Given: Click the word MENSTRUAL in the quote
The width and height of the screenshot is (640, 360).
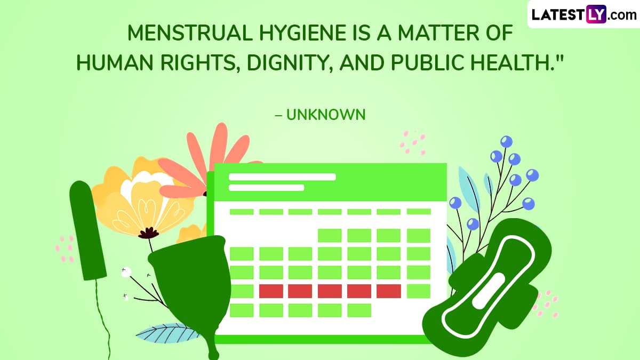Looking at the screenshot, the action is coord(190,33).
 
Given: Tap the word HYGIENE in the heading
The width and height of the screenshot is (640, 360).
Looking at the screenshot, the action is coord(302,33).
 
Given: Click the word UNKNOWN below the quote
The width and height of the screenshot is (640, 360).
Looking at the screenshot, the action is coord(326,115).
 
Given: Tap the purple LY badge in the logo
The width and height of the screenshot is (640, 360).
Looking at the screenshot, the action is coord(596,14).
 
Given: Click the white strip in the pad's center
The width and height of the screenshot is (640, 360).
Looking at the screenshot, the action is coord(489,291).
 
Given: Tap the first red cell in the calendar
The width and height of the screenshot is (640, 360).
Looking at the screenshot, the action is coord(271,291).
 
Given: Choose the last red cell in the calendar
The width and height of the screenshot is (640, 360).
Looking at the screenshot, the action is coord(389,291).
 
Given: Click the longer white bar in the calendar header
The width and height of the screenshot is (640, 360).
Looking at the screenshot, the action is coord(282,177).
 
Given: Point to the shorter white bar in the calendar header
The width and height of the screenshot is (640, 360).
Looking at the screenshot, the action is coord(266,188).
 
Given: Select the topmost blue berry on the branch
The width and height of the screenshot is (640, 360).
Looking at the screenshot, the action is coord(506,142).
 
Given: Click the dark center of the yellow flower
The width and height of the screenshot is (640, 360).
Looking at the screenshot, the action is coord(149,233).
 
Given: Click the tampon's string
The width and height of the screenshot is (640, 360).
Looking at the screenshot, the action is coord(103,320).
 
